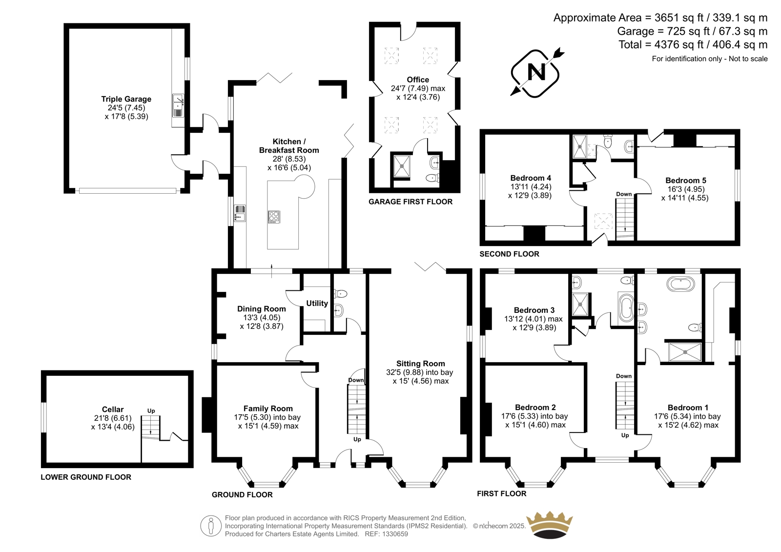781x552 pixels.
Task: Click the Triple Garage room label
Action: (x=126, y=99)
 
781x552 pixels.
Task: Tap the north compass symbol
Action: (x=536, y=73)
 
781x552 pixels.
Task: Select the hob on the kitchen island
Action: (x=274, y=217)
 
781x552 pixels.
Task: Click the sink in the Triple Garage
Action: (x=178, y=105)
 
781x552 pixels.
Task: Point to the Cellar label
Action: (x=113, y=409)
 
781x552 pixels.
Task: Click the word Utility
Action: (x=317, y=304)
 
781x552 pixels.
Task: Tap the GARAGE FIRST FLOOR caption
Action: (x=411, y=202)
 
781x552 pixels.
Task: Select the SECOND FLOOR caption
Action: (x=509, y=254)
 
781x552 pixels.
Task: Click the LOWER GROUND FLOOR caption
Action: (x=86, y=477)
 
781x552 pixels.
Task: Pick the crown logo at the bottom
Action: (x=549, y=525)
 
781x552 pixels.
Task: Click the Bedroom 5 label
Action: (x=685, y=180)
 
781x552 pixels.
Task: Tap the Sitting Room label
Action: (x=420, y=363)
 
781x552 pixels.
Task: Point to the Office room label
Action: (x=418, y=80)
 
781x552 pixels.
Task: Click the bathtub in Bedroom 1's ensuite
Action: (x=680, y=284)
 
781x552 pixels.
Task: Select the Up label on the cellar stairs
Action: (x=151, y=411)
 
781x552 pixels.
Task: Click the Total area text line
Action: (x=693, y=44)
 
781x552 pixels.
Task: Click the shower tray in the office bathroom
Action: (x=402, y=166)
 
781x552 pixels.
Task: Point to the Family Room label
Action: (x=268, y=409)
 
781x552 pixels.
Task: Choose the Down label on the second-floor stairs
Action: (x=624, y=194)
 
